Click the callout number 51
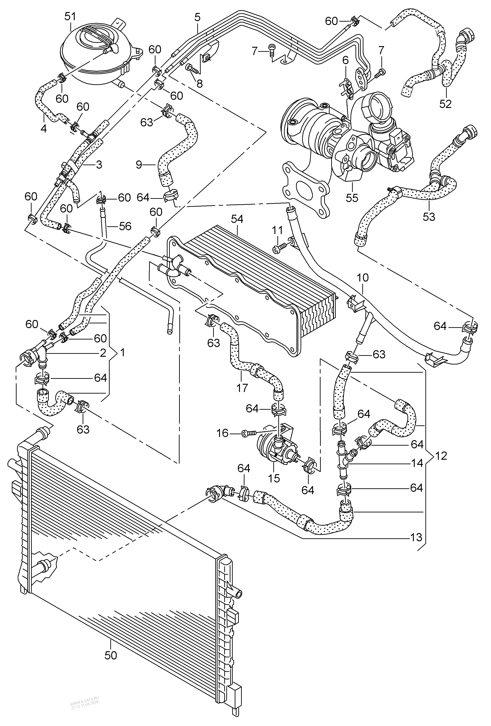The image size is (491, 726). click(70, 17)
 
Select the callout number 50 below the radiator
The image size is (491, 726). click(111, 655)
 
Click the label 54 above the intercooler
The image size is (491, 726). click(237, 219)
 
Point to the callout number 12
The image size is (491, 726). click(441, 456)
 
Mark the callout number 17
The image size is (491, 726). click(242, 387)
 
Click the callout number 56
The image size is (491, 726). click(125, 226)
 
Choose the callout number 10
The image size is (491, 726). click(362, 277)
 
